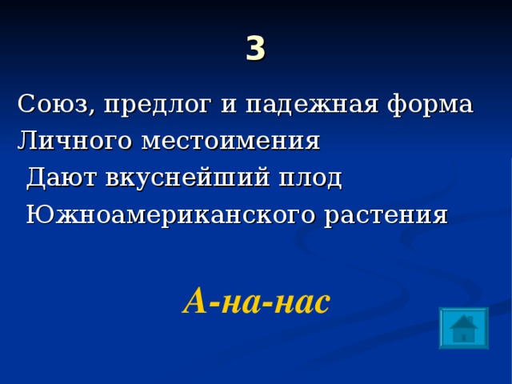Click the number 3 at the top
click(255, 50)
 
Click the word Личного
click(74, 142)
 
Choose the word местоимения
click(230, 142)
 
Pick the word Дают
click(60, 178)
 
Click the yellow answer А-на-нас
click(256, 301)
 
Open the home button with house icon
click(463, 327)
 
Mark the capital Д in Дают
click(37, 178)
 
